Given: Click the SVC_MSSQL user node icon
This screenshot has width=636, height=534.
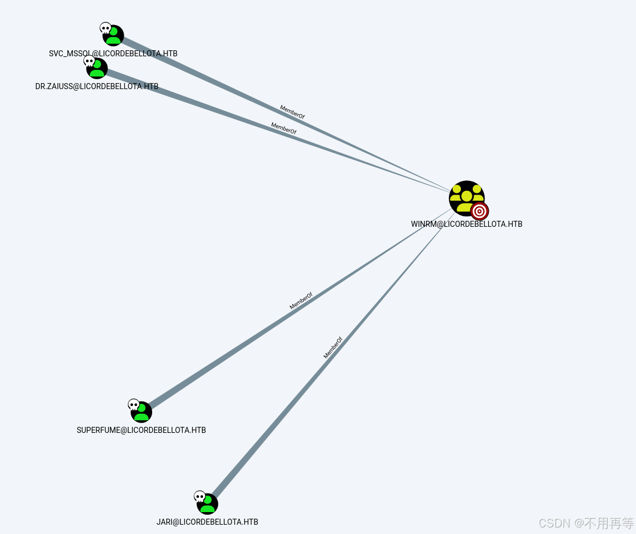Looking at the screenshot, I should pos(114,36).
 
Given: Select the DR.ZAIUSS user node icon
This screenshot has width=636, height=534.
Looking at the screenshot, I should pos(98,69).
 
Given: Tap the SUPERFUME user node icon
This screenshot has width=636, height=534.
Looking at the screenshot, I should pos(142,413).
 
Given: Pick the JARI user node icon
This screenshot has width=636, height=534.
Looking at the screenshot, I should pos(208,504).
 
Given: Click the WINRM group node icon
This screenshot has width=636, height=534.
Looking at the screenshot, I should pos(466,197).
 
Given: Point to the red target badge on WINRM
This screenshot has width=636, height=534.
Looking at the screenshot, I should pos(479,211).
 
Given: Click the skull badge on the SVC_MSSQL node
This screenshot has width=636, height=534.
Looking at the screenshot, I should pos(106,28).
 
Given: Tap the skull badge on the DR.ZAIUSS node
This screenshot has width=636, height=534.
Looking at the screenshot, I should pos(89,61).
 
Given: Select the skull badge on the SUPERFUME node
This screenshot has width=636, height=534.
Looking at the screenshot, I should pos(134,405).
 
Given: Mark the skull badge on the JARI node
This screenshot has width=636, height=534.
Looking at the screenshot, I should pos(200,497).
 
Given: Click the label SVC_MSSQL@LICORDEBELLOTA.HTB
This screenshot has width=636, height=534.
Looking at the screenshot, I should pos(113,54).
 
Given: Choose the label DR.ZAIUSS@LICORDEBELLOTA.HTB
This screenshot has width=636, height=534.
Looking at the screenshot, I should pos(97,86).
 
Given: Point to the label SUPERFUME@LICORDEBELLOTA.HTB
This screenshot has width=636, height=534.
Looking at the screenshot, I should pos(141,430).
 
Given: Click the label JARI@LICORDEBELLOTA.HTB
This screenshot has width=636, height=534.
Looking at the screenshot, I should pos(207,522).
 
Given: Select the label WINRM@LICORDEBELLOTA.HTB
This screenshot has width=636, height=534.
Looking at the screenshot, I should pos(466,224).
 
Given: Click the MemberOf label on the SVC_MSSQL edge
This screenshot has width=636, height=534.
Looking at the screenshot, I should pos(292,112).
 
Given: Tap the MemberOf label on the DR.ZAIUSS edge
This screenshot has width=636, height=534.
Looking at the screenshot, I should pos(284,128).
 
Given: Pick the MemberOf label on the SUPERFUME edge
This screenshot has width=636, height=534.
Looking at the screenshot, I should pos(301,301).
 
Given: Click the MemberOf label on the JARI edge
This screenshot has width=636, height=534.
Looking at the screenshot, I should pos(333,348).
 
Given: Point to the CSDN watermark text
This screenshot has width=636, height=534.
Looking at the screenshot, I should pos(586,523).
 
